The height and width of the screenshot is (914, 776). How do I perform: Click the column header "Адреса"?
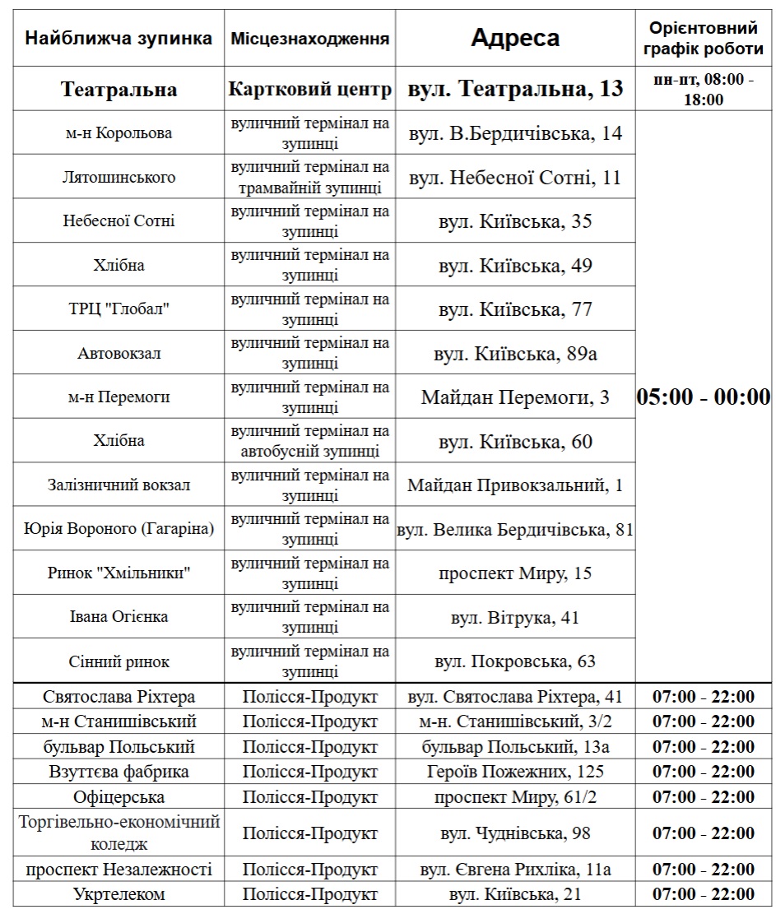pos(515,38)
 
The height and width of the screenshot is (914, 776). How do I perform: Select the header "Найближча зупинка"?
pos(118,38)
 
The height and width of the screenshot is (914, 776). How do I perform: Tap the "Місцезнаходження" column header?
pos(310,39)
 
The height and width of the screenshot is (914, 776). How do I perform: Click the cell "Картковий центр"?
pos(310,89)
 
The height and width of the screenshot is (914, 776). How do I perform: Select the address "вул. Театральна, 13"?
pos(515,89)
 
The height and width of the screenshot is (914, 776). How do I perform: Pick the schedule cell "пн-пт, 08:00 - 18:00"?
pos(704,89)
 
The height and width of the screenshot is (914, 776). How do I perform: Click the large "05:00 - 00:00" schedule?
pos(704,397)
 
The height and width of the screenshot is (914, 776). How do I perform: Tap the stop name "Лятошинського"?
pos(118,177)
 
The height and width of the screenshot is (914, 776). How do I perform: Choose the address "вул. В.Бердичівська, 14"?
pos(515,133)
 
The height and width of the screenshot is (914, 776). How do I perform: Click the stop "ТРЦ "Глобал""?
pos(118,309)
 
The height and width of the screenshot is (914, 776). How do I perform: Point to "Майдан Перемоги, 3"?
pos(515,397)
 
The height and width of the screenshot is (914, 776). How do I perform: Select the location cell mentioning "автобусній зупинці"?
pos(310,441)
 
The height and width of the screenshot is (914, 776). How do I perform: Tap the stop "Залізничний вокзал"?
pos(118,485)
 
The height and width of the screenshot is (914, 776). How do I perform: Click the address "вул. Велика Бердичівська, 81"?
pos(515,530)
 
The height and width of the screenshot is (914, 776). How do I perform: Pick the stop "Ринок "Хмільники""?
pos(118,573)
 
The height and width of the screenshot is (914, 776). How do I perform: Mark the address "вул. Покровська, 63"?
pos(515,661)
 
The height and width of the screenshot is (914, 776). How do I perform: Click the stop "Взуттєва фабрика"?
pos(118,772)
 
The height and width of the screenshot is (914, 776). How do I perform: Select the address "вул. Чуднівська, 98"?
pos(515,833)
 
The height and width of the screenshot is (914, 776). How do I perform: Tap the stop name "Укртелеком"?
pos(118,894)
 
